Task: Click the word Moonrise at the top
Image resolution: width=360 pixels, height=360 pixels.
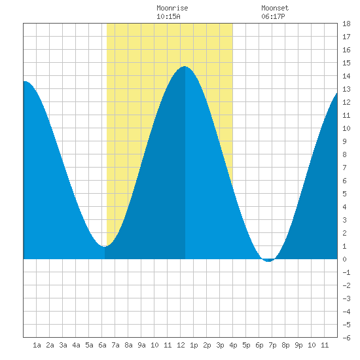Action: (172, 8)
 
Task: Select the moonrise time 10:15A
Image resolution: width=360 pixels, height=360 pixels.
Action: (168, 16)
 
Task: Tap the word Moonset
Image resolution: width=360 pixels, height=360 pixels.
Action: (275, 8)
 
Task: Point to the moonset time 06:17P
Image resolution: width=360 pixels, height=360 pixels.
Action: (273, 16)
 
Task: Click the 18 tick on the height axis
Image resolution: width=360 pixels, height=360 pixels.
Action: (346, 24)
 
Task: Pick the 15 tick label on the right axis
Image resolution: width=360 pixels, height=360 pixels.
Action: (346, 63)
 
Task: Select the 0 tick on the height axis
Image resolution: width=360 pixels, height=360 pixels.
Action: (344, 259)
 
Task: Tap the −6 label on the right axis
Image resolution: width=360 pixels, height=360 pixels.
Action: (346, 338)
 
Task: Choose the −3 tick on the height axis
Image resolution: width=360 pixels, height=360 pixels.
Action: (346, 298)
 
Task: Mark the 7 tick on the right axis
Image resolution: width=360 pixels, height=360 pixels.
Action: (344, 168)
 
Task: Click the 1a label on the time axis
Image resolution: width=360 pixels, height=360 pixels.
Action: (37, 345)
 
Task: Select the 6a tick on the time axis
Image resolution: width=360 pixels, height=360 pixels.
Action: (102, 345)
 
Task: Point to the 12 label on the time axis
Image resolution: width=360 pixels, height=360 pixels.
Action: (181, 345)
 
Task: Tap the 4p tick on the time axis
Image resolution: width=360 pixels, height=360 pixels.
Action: (233, 345)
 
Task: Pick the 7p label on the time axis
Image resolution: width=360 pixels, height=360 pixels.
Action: (272, 345)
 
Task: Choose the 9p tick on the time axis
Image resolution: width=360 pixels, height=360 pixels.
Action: (298, 345)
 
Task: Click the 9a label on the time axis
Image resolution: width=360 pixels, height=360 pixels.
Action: (141, 345)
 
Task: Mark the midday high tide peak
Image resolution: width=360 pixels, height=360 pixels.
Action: (185, 67)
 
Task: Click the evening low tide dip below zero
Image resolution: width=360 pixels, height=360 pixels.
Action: (268, 261)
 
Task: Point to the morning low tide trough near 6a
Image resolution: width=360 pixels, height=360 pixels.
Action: (104, 246)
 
